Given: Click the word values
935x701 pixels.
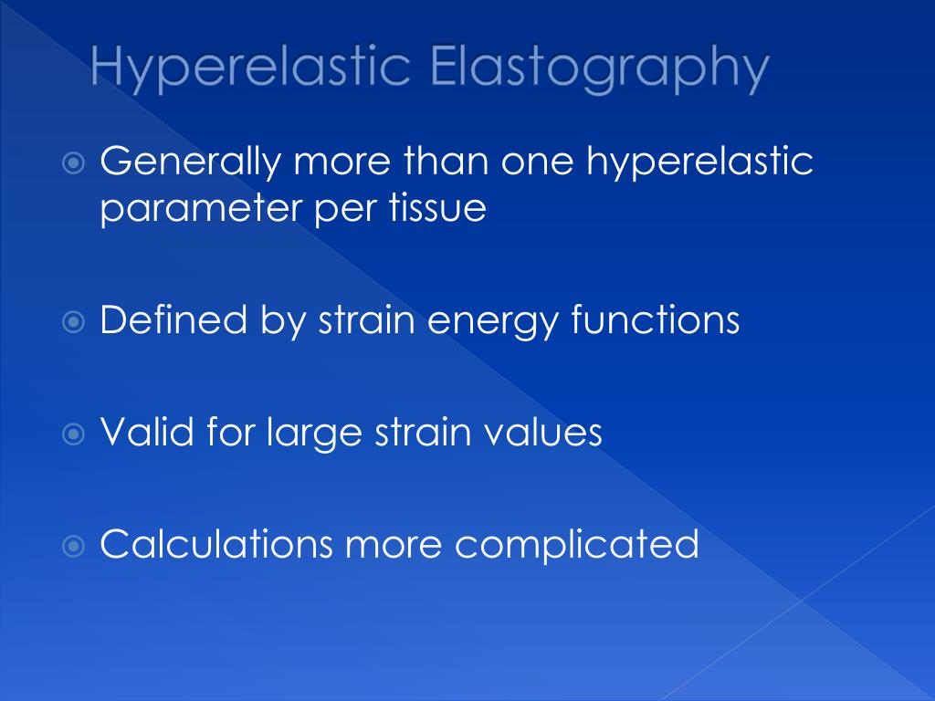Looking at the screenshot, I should pos(549,432).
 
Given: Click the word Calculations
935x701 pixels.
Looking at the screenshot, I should pos(216,544).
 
